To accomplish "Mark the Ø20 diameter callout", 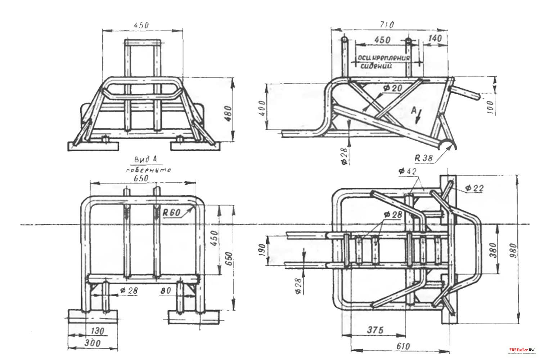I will click(x=392, y=88).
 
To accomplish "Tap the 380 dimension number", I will click(x=493, y=249).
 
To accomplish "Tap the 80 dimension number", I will click(x=166, y=290).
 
